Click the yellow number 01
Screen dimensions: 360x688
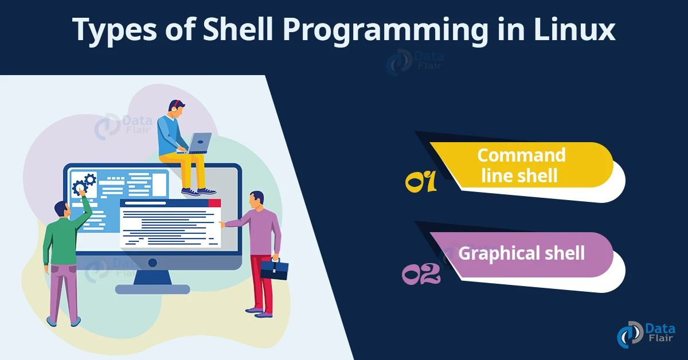coord(421,182)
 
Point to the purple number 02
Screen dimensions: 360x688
coord(421,273)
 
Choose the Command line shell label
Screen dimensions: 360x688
coord(521,165)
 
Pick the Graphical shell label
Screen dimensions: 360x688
coord(521,253)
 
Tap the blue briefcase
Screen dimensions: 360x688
coord(275,269)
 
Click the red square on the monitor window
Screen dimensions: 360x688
coord(214,203)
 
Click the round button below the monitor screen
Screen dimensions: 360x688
coord(153,263)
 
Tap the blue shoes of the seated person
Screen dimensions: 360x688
coord(198,191)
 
